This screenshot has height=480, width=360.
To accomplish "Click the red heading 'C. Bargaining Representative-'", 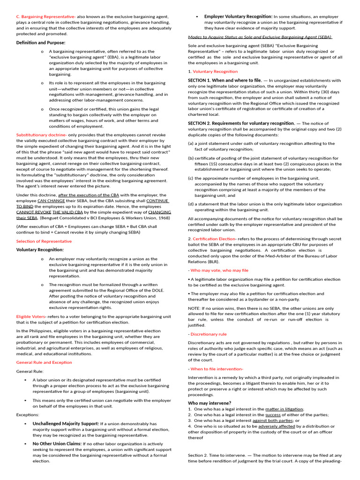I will [x=46, y=16].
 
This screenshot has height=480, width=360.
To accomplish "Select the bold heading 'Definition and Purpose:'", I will [x=41, y=43].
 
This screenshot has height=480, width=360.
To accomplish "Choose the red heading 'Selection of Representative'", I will [x=44, y=241].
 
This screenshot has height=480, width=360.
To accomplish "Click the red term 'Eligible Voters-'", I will [x=30, y=316].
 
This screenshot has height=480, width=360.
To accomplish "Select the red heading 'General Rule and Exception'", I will [x=44, y=362].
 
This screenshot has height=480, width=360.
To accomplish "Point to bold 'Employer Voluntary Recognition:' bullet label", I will [x=238, y=16].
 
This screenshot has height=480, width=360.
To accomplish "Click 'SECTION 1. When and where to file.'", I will [x=225, y=80].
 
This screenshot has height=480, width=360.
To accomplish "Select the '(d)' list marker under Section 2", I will [x=191, y=204].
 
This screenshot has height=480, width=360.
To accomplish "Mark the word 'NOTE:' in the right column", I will [x=195, y=308].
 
